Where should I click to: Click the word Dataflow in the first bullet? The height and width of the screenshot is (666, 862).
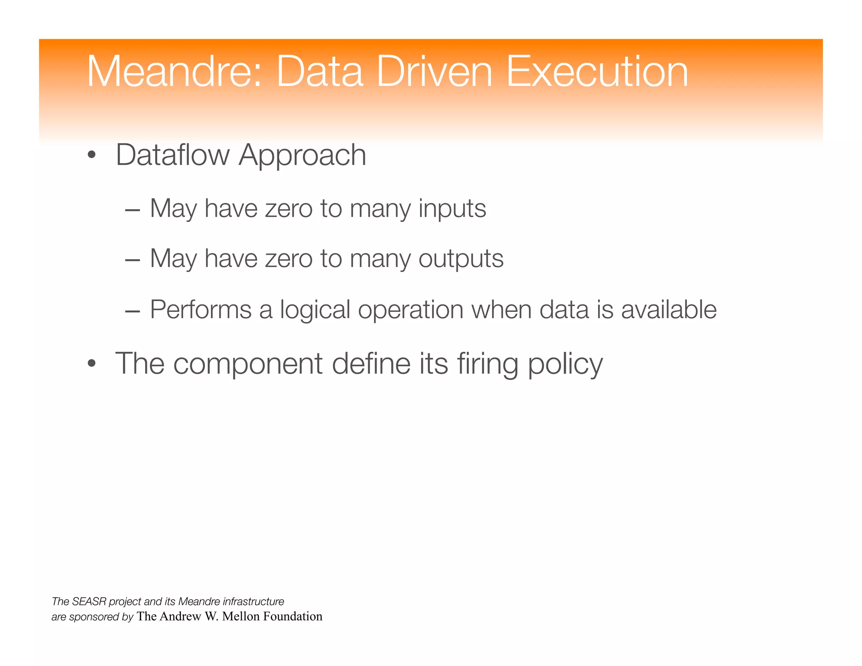click(173, 155)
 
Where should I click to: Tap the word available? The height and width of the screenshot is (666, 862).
click(669, 309)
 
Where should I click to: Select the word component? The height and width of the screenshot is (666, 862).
click(248, 364)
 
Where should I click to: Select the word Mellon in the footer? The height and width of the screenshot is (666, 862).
click(241, 616)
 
